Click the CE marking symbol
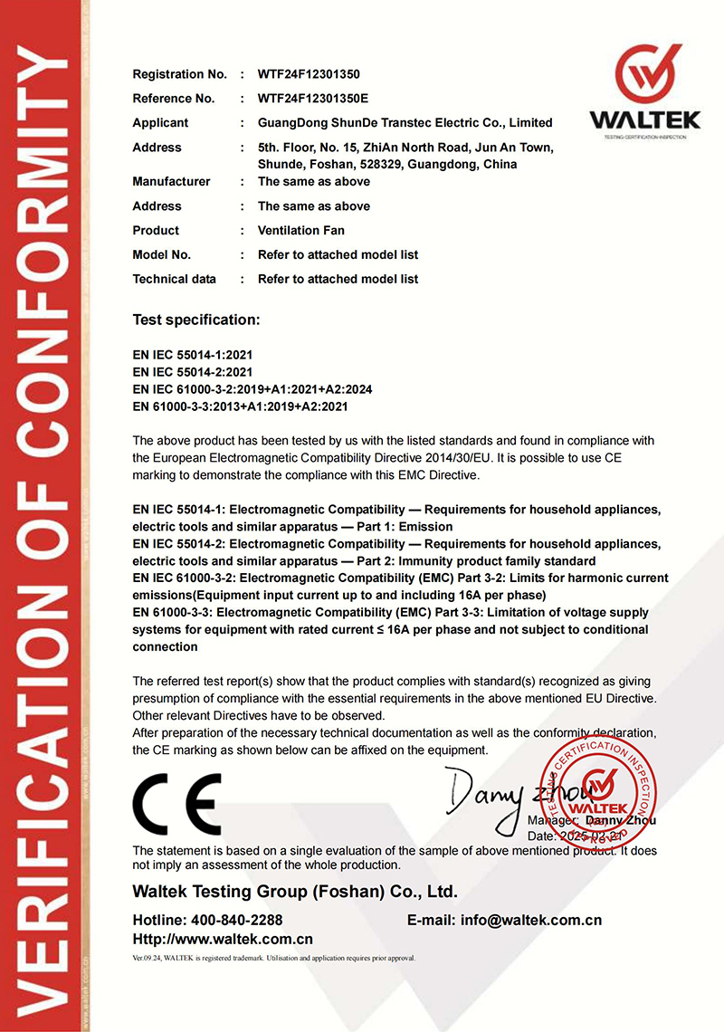coord(176,804)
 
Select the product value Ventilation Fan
coord(300,231)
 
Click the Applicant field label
coord(160,123)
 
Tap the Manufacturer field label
coord(171,182)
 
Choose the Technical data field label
coord(174,280)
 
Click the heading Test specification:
coord(195,320)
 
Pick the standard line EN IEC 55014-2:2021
coord(192,372)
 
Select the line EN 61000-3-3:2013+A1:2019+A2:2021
coord(240,406)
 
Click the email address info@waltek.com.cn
coord(531,921)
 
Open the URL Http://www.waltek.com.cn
coord(223,940)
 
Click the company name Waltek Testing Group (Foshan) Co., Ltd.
coord(295,892)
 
